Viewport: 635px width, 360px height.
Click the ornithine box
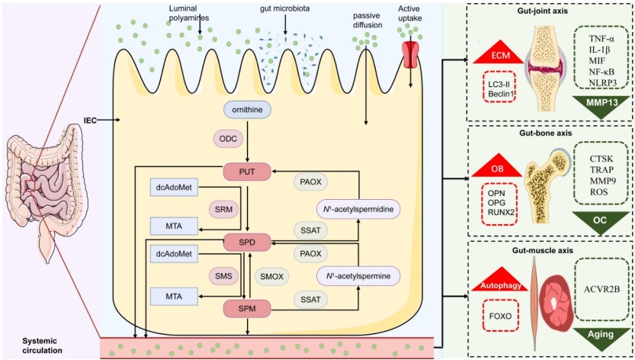tap(247, 111)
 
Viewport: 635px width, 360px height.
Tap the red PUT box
tap(247, 172)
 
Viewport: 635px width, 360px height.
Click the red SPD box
tap(247, 243)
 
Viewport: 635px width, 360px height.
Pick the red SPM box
tap(247, 308)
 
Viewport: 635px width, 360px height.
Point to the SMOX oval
tap(271, 275)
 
